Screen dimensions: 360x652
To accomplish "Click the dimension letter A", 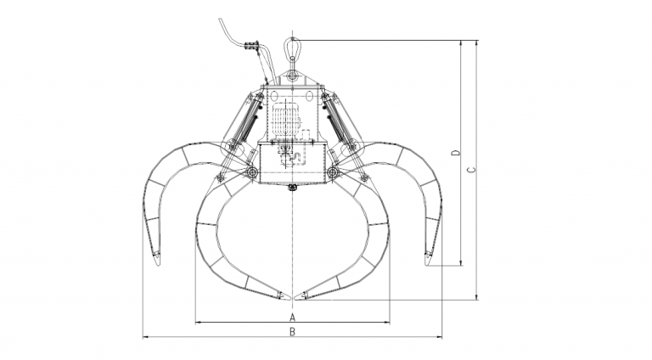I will point(292,316).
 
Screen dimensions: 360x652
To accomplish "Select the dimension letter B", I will point(292,332).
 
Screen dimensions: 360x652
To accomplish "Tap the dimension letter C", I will point(471,169).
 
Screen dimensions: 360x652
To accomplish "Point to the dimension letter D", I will point(456,153).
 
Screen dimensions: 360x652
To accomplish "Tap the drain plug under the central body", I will point(292,188).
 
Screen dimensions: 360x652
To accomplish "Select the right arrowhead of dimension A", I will point(387,322).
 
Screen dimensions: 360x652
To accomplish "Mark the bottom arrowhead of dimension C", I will point(476,297).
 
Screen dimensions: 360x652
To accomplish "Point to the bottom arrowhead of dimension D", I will point(461,263).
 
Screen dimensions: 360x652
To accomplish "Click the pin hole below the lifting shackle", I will point(292,76).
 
